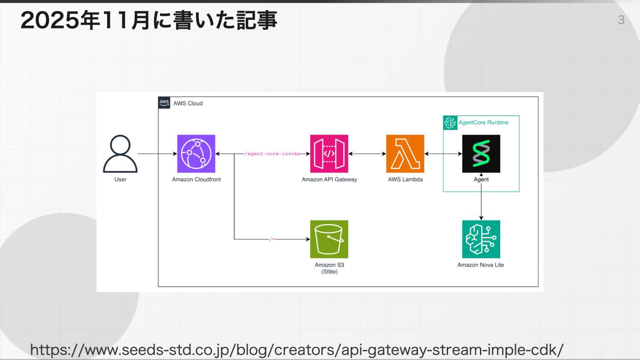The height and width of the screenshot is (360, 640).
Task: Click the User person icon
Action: (120, 154)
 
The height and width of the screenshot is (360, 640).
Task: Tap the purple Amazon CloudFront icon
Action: (196, 154)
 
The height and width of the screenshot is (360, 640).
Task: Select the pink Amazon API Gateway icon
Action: (329, 154)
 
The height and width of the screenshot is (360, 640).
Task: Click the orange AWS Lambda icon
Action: (405, 154)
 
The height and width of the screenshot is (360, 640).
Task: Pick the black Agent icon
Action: (481, 154)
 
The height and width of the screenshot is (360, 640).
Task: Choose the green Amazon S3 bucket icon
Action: (329, 239)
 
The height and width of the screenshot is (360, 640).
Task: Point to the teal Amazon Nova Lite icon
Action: (481, 239)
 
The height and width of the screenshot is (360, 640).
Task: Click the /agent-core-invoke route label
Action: (272, 154)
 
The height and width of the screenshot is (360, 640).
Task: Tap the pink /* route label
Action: (272, 240)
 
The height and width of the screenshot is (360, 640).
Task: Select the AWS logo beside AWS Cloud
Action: (164, 103)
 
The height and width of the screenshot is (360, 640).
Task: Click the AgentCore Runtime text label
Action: (483, 122)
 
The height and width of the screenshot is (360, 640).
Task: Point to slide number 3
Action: (621, 20)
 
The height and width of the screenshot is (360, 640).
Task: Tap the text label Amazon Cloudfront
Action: (196, 180)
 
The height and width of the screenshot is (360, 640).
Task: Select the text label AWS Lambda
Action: (405, 180)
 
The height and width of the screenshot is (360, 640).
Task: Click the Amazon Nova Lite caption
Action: (480, 265)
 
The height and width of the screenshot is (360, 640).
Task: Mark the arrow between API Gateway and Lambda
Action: (367, 154)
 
